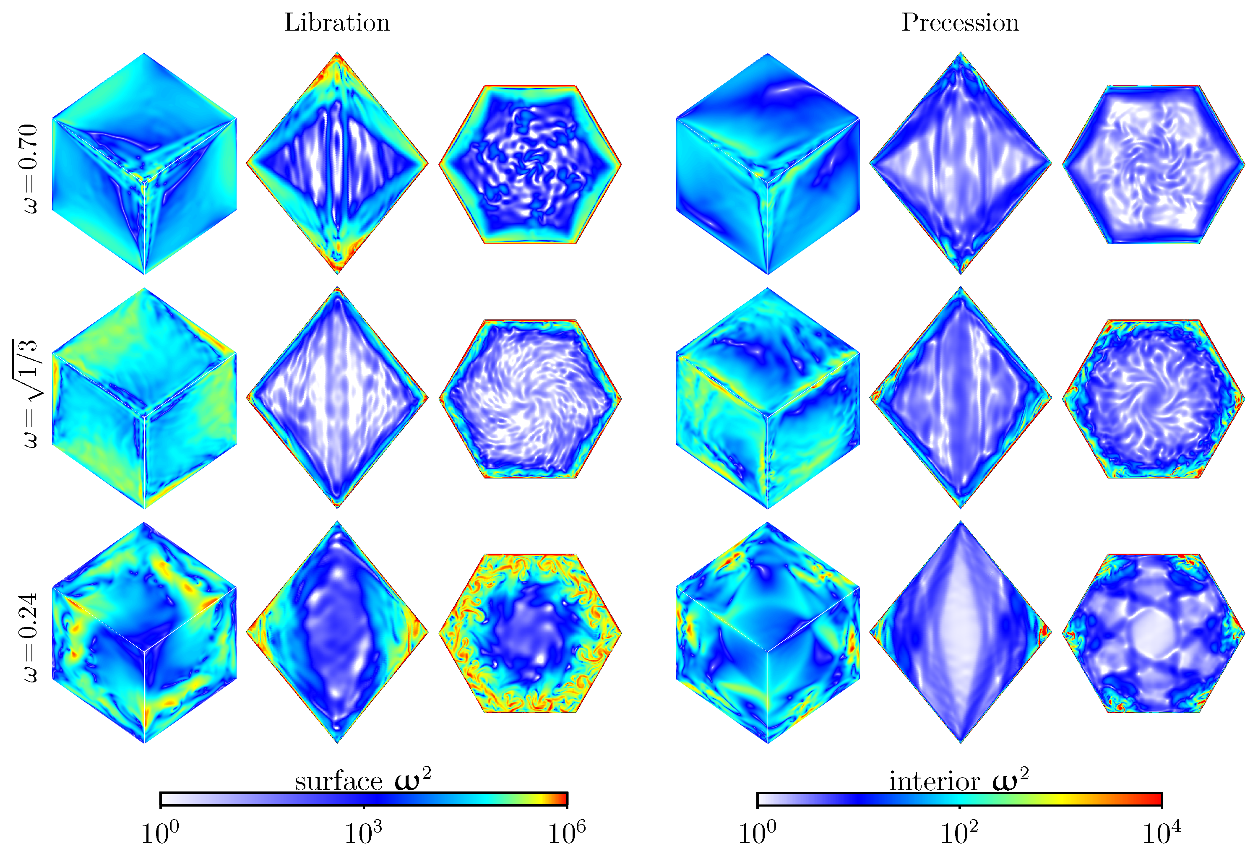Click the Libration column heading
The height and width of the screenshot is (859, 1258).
tap(337, 23)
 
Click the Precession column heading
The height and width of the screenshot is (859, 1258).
tap(960, 23)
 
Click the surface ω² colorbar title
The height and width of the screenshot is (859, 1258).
tap(363, 781)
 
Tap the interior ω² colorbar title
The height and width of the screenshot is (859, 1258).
tap(958, 781)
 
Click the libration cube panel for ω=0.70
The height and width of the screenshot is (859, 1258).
tap(145, 164)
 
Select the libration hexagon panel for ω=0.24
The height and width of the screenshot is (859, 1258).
tap(530, 633)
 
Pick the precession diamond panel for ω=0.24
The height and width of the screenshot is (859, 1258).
tap(960, 632)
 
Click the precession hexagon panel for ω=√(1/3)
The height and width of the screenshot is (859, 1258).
tap(1154, 399)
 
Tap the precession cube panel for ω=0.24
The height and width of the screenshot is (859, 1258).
tap(768, 633)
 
